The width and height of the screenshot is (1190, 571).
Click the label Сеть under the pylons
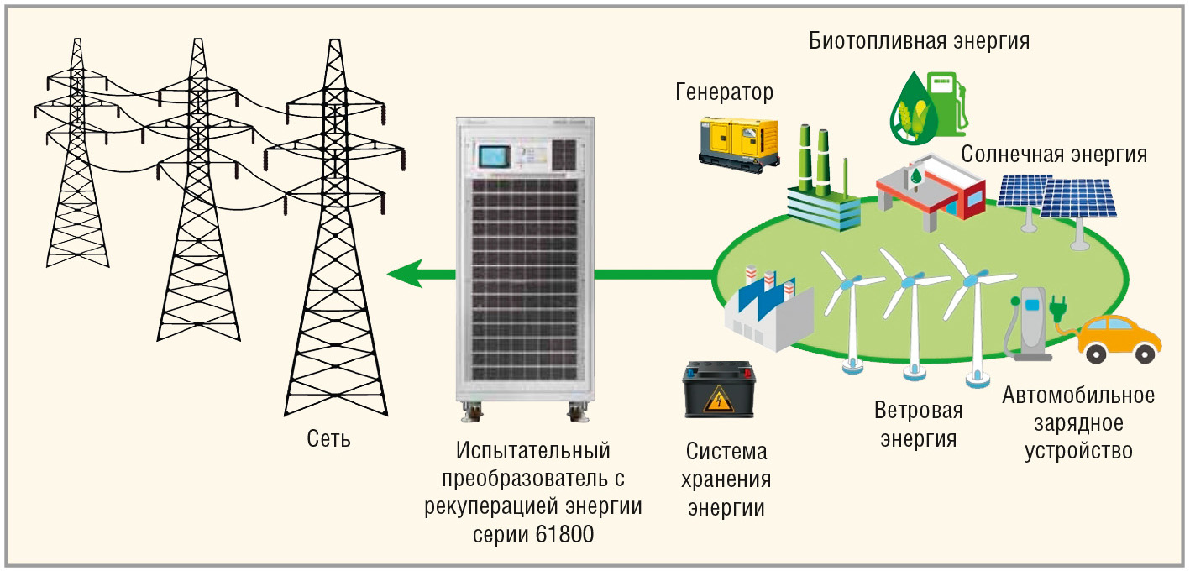click(328, 439)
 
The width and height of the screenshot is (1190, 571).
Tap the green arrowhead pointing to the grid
click(405, 273)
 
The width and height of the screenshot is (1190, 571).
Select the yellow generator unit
click(739, 143)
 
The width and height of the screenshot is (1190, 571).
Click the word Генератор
click(724, 91)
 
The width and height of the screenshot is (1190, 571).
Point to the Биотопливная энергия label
click(920, 41)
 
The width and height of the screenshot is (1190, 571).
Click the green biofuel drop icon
click(910, 105)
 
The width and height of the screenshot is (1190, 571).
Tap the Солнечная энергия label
click(1054, 155)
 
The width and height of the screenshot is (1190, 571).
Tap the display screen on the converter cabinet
click(495, 157)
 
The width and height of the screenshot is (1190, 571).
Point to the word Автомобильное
click(1078, 395)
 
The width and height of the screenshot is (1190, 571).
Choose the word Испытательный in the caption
click(532, 451)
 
